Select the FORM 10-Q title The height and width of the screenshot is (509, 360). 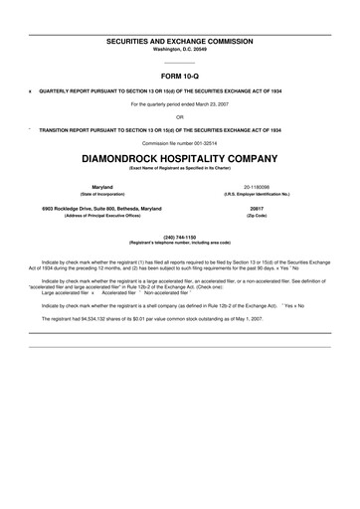pyautogui.click(x=180, y=75)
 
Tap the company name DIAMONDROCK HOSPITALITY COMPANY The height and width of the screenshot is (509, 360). pyautogui.click(x=180, y=157)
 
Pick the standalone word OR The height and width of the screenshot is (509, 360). pyautogui.click(x=180, y=116)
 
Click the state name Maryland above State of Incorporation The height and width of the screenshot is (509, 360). pyautogui.click(x=101, y=186)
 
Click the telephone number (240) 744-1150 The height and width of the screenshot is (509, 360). pyautogui.click(x=180, y=237)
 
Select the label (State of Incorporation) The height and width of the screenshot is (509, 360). pyautogui.click(x=101, y=193)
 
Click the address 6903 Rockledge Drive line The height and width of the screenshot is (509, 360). pyautogui.click(x=101, y=209)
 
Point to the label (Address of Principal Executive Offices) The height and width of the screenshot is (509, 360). pyautogui.click(x=101, y=216)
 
